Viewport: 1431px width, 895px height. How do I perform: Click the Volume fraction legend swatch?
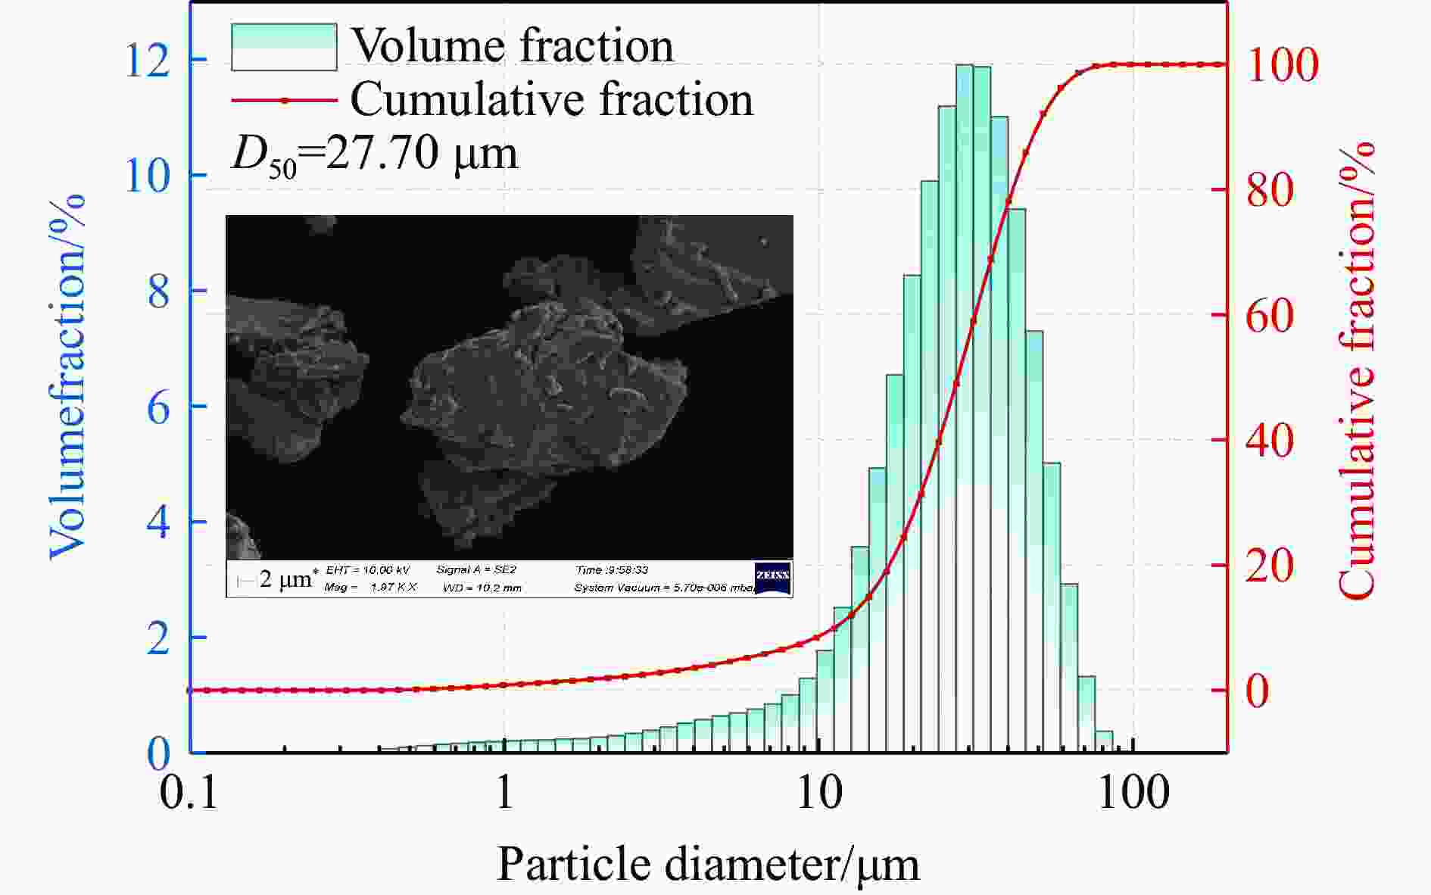284,47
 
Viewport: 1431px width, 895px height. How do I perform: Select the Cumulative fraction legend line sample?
284,100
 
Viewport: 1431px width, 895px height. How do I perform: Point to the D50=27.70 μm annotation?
375,154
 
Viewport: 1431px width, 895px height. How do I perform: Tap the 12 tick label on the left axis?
148,61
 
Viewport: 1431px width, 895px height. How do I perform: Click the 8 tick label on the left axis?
158,292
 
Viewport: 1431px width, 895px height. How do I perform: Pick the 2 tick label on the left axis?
158,639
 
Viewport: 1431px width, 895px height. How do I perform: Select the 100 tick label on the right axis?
1283,65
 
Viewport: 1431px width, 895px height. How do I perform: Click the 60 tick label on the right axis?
1270,316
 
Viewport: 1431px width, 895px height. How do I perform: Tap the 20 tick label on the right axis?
1270,566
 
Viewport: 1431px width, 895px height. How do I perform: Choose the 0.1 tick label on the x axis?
189,794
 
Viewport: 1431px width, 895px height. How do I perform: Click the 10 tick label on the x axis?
819,794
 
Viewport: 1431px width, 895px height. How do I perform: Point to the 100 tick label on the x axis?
1133,794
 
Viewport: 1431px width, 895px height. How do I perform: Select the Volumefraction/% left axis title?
67,377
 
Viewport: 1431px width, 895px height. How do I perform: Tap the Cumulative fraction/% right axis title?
1356,371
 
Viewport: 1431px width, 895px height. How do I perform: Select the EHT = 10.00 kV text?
368,570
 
